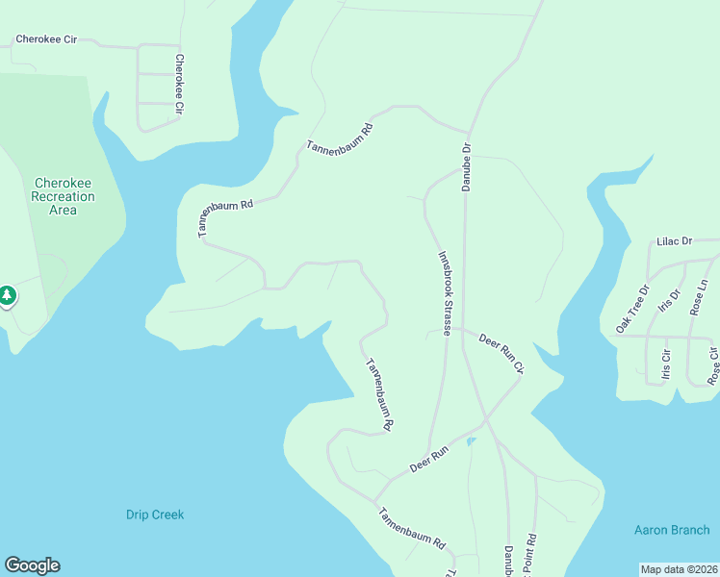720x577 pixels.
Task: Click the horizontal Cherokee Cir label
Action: (x=45, y=40)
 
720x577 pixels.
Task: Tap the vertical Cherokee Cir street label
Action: (x=179, y=85)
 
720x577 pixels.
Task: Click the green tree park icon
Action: (x=7, y=295)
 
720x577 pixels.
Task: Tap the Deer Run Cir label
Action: (x=501, y=353)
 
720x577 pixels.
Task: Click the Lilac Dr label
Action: (x=674, y=241)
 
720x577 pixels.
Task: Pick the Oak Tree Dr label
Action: (x=632, y=309)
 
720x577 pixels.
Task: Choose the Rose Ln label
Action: (x=699, y=297)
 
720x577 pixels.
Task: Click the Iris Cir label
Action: (x=665, y=366)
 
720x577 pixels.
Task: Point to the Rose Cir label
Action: (x=713, y=366)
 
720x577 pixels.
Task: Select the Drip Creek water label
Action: (x=155, y=514)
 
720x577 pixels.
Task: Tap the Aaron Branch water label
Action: (x=671, y=530)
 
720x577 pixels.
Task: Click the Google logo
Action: (x=32, y=565)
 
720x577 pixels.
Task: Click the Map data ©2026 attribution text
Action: (x=679, y=569)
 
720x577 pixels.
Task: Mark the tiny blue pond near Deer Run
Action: (x=470, y=441)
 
